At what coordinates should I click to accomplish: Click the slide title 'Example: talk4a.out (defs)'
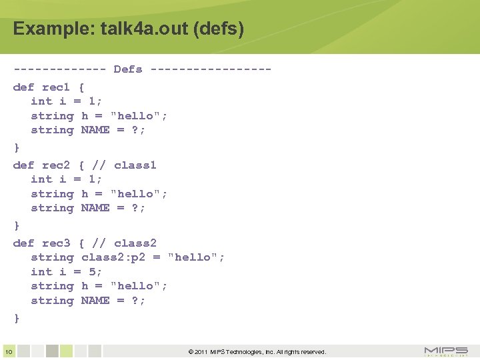pos(128,29)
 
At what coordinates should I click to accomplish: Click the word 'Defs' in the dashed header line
pos(128,69)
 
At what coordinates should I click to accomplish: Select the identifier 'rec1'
pos(55,87)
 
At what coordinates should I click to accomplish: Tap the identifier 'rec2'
pos(55,165)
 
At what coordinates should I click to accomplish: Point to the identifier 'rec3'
pos(55,243)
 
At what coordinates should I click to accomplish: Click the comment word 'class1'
pos(135,165)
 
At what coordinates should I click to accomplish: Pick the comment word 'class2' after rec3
pos(135,243)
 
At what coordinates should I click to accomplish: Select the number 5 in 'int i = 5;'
pos(92,272)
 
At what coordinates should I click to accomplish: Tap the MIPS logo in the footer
pos(446,351)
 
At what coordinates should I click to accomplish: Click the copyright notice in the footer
pos(257,352)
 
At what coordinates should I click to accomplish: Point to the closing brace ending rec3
pos(17,319)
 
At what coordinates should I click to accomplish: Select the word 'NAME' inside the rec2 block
pos(95,208)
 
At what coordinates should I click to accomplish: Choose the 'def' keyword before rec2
pos(23,165)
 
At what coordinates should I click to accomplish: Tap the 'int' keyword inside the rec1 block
pos(41,101)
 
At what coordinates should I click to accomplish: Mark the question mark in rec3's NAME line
pos(135,301)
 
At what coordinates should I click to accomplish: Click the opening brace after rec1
pos(81,87)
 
